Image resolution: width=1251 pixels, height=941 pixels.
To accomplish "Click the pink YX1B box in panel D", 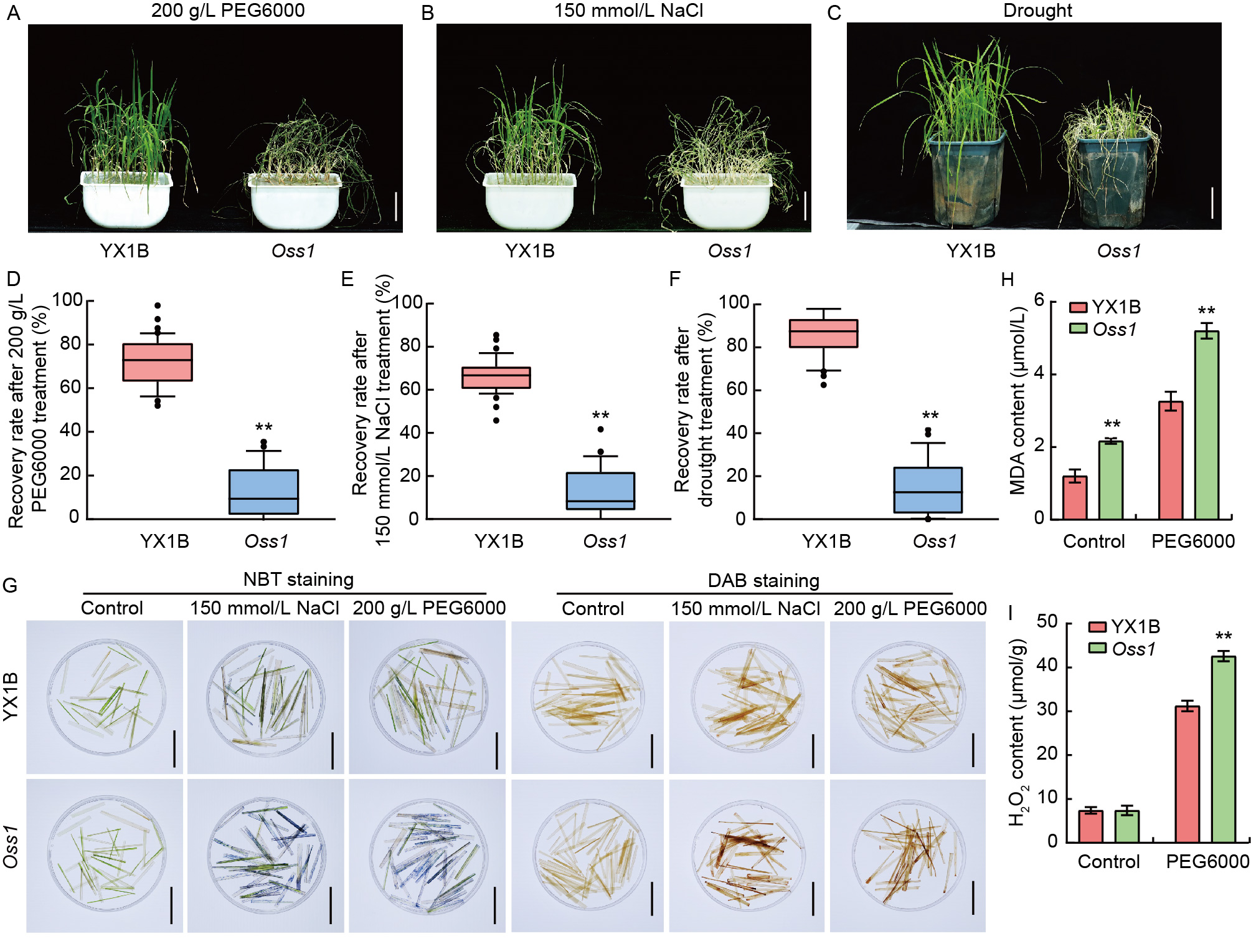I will pyautogui.click(x=158, y=362).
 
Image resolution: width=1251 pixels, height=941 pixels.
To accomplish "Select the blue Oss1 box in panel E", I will pyautogui.click(x=600, y=491).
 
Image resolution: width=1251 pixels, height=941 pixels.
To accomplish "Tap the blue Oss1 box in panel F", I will pyautogui.click(x=928, y=490).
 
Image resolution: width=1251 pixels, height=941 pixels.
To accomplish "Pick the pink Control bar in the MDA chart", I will pyautogui.click(x=1075, y=498).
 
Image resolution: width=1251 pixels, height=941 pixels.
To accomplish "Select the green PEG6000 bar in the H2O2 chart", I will pyautogui.click(x=1224, y=749).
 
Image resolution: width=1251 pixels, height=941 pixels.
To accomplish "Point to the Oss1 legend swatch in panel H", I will pyautogui.click(x=1078, y=328).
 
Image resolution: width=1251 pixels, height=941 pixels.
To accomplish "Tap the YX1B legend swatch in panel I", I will pyautogui.click(x=1097, y=626).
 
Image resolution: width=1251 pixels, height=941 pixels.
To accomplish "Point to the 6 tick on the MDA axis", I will pyautogui.click(x=1039, y=300).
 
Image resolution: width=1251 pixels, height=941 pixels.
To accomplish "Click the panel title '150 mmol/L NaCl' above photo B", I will pyautogui.click(x=628, y=11).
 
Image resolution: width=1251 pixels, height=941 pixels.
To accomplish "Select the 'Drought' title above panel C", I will pyautogui.click(x=1037, y=11).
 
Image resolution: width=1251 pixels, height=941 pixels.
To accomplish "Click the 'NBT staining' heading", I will pyautogui.click(x=298, y=580).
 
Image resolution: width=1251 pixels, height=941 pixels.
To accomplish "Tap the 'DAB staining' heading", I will pyautogui.click(x=763, y=581).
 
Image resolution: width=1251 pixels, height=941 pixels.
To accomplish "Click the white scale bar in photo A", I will pyautogui.click(x=396, y=206).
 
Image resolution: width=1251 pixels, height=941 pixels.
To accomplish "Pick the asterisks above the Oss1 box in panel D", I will pyautogui.click(x=264, y=428).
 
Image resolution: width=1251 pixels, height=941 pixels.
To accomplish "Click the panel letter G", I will pyautogui.click(x=11, y=586).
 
